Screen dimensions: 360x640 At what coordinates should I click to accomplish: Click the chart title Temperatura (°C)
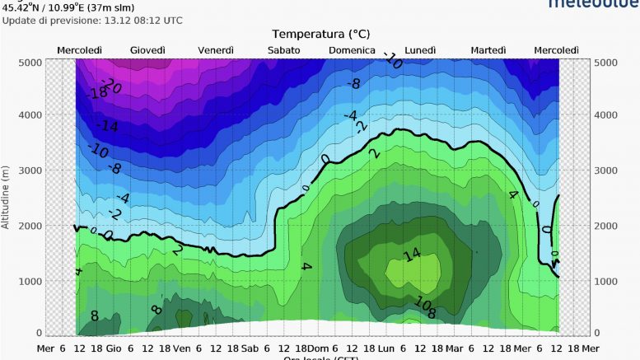[321, 34]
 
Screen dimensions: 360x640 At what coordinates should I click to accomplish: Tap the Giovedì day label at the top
[147, 51]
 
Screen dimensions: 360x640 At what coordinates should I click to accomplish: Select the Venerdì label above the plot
[217, 51]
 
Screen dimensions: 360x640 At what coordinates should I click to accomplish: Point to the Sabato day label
[283, 51]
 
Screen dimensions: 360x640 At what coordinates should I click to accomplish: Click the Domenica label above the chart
[353, 51]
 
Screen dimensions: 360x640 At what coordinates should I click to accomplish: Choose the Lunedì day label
[421, 51]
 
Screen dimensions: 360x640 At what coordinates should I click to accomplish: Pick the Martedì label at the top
[488, 51]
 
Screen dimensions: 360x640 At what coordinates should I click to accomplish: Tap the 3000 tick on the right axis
[605, 170]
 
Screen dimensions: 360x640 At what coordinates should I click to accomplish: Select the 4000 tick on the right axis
[605, 116]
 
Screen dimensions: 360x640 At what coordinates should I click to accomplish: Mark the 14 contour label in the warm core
[412, 255]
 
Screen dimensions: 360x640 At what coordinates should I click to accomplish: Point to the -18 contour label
[98, 93]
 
